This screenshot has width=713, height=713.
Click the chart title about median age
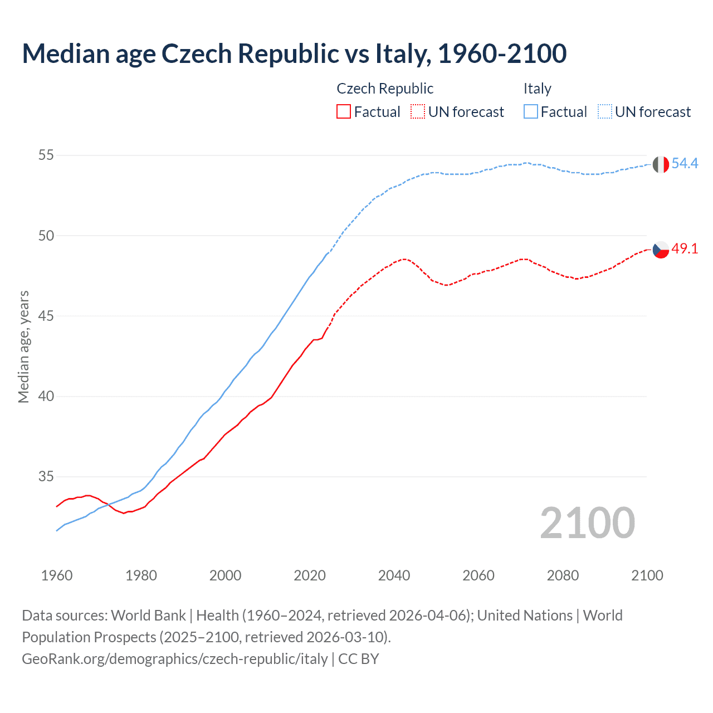pos(294,53)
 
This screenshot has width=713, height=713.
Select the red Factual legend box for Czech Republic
pos(344,112)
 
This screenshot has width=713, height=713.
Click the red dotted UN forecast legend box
pos(418,112)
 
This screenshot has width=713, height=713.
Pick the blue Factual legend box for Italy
pos(531,112)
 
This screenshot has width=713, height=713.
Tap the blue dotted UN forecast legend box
pos(605,112)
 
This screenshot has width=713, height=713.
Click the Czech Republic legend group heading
pos(385,89)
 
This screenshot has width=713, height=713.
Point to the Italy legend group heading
pos(537,89)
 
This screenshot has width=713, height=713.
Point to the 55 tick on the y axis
pos(46,155)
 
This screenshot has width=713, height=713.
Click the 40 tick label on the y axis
pos(46,396)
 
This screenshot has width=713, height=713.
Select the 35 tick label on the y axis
pos(46,477)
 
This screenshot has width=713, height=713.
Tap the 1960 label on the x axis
pos(57,575)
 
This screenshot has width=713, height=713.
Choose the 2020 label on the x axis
pos(310,575)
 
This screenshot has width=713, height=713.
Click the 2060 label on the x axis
pos(478,575)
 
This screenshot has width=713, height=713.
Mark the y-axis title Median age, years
pos(23,346)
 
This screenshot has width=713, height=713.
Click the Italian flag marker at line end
pos(660,164)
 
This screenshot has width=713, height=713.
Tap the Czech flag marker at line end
pos(660,250)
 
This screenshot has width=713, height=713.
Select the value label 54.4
pos(685,163)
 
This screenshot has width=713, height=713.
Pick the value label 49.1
pos(685,249)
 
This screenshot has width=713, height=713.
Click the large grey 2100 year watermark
pos(588,522)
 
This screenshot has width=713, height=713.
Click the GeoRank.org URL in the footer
pos(175,659)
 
